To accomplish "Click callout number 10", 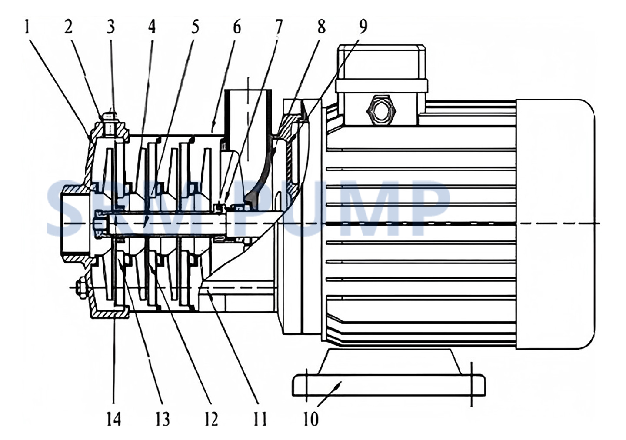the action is (310, 420).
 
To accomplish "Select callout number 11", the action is (260, 420).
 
